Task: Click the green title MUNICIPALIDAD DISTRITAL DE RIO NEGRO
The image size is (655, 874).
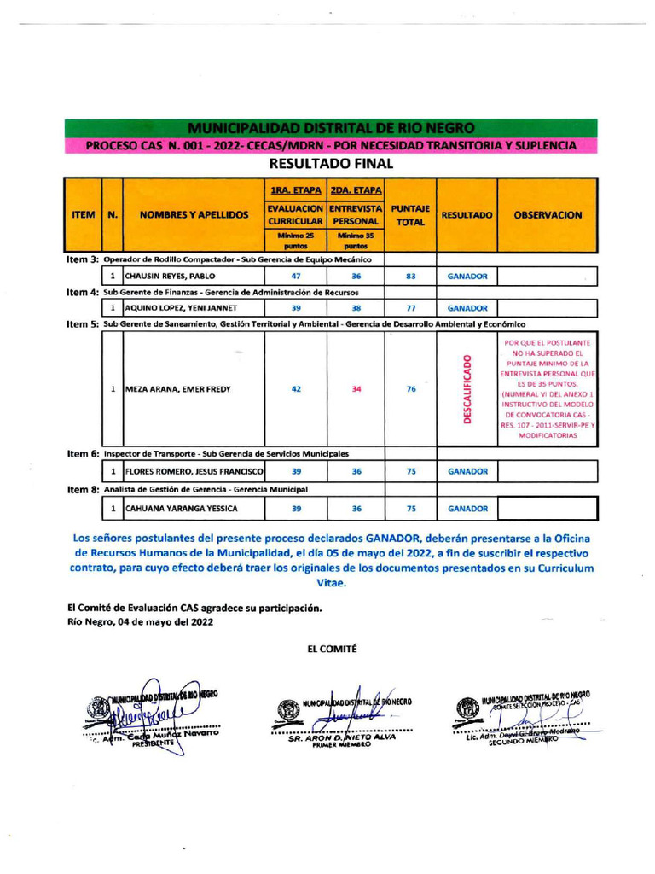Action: (x=331, y=128)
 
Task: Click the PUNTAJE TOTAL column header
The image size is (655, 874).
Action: (x=410, y=215)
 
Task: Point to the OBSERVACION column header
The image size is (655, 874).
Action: (x=547, y=215)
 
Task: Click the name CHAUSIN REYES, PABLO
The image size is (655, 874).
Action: (x=171, y=277)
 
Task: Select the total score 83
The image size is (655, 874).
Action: (x=410, y=277)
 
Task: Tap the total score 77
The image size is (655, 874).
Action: (x=410, y=307)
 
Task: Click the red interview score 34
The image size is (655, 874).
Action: (x=356, y=390)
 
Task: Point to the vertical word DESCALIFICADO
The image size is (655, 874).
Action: (x=467, y=390)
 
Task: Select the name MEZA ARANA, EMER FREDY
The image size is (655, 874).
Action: (x=178, y=390)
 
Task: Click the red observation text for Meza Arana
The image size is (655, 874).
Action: (x=547, y=388)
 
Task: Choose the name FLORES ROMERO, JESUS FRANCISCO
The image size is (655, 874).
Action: (x=194, y=470)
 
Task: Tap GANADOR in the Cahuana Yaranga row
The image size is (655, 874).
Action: (x=467, y=509)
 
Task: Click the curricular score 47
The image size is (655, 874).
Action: (x=295, y=277)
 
